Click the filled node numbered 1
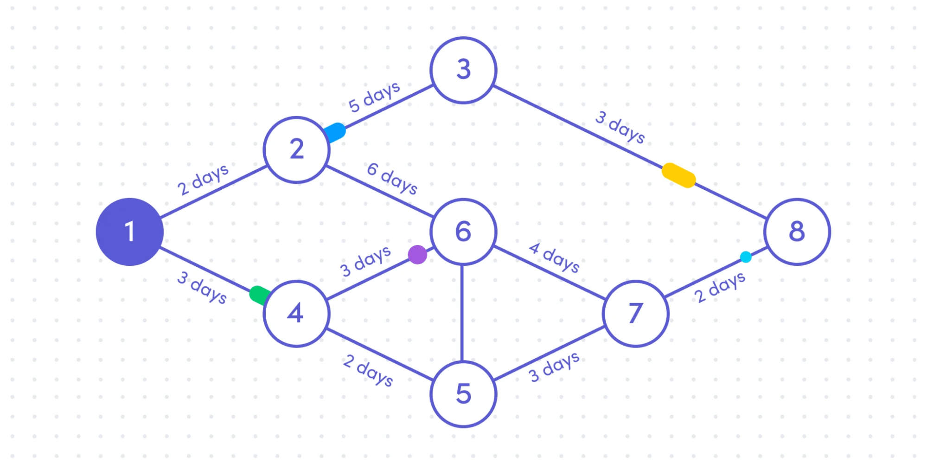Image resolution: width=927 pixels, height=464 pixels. pyautogui.click(x=130, y=232)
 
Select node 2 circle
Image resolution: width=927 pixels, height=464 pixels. pyautogui.click(x=296, y=149)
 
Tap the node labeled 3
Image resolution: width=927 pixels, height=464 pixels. pyautogui.click(x=463, y=70)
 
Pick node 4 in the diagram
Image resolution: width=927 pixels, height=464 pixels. pyautogui.click(x=296, y=313)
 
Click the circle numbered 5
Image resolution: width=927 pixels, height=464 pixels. pyautogui.click(x=463, y=394)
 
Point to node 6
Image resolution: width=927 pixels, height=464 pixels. pyautogui.click(x=463, y=232)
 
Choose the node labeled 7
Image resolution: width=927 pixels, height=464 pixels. pyautogui.click(x=635, y=313)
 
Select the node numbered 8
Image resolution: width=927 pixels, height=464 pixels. pyautogui.click(x=797, y=232)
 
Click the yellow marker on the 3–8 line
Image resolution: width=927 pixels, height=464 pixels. pyautogui.click(x=678, y=175)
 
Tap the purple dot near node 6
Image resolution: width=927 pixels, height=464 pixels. pyautogui.click(x=417, y=255)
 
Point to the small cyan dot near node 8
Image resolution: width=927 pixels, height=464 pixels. pyautogui.click(x=746, y=257)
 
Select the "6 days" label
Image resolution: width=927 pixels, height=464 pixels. pyautogui.click(x=392, y=178)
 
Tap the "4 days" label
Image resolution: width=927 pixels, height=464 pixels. pyautogui.click(x=555, y=258)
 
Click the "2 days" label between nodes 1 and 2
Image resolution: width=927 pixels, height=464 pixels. pyautogui.click(x=203, y=180)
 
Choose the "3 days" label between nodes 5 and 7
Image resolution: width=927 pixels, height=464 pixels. pyautogui.click(x=554, y=367)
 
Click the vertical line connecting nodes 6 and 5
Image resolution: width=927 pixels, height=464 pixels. pyautogui.click(x=462, y=313)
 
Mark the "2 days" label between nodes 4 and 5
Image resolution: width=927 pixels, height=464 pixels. pyautogui.click(x=368, y=370)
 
